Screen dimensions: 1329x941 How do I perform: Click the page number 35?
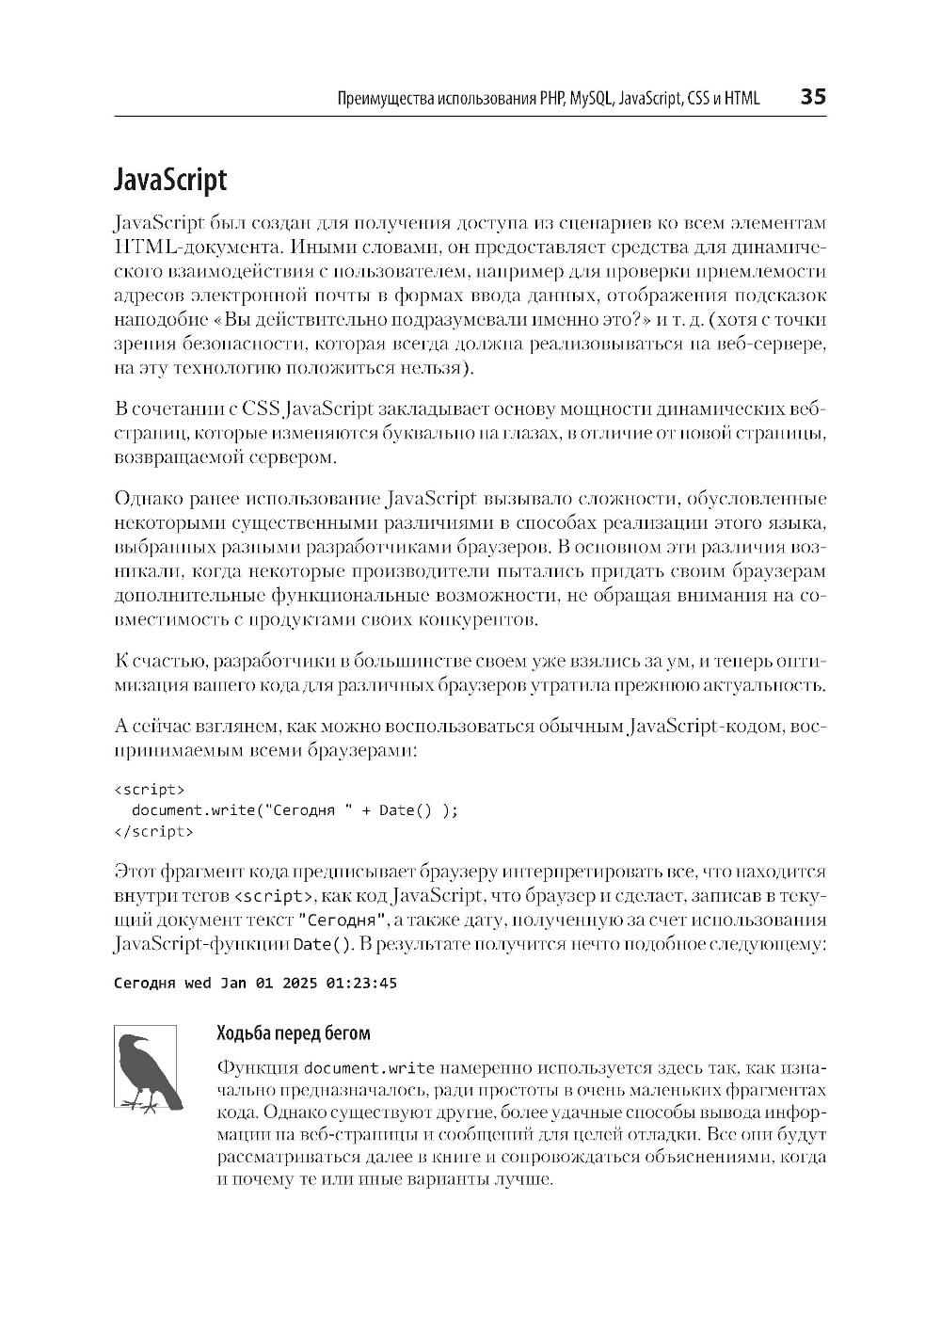pos(812,97)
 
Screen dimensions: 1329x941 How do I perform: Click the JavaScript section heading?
pos(169,179)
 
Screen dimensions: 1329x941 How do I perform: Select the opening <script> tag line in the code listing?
pos(150,789)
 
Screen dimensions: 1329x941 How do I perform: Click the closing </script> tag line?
pos(153,831)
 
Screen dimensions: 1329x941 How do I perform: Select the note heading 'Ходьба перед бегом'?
pos(294,1033)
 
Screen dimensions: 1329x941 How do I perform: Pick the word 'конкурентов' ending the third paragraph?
pos(486,620)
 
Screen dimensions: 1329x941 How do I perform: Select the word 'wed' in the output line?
pos(198,984)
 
